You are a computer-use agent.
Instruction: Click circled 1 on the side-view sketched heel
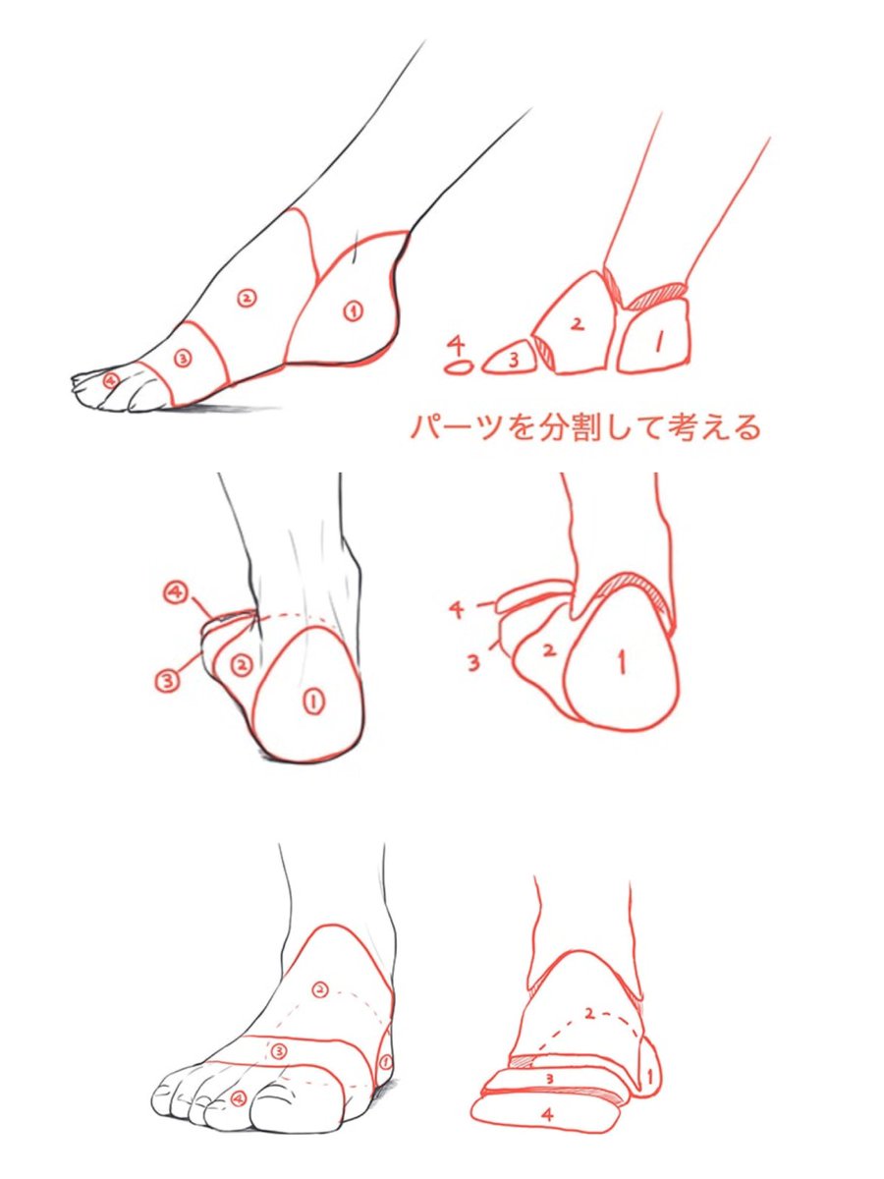tap(353, 311)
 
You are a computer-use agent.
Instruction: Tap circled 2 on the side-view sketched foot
tap(247, 296)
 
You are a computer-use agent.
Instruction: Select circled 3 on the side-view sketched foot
tap(182, 359)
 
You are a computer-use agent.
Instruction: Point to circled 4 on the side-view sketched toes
tap(110, 379)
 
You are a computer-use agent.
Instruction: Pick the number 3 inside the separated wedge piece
tap(513, 360)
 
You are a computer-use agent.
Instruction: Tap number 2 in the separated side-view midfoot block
tap(578, 322)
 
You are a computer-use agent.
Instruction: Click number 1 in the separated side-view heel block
tap(658, 341)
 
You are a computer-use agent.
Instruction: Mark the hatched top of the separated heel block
tap(656, 294)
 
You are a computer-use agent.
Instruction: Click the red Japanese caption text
tap(585, 427)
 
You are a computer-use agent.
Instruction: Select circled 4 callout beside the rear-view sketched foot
tap(175, 592)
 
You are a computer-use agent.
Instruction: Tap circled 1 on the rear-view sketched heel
tap(313, 701)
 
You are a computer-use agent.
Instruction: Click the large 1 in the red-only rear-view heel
tap(621, 664)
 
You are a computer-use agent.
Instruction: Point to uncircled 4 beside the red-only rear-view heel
tap(457, 610)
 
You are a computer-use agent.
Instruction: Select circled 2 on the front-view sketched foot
tap(318, 989)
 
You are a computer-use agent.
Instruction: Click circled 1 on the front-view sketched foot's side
tap(385, 1062)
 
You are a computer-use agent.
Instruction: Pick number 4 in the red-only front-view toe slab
tap(546, 1115)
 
